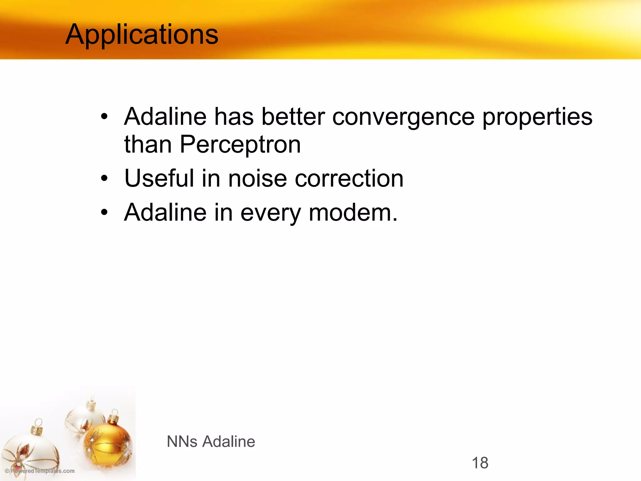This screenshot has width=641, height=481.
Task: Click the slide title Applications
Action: tap(141, 34)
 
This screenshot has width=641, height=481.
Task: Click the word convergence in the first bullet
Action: tap(403, 117)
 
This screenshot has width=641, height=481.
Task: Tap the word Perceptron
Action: tap(240, 144)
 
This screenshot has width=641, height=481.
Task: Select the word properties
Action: tap(537, 117)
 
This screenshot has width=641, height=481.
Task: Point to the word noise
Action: tap(257, 178)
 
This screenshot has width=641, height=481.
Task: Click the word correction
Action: tap(349, 178)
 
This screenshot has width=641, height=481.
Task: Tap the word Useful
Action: tap(159, 178)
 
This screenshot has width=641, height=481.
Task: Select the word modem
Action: tap(353, 213)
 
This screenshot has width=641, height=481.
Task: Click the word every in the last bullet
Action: tap(270, 213)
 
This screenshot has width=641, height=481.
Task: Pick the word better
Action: tap(293, 117)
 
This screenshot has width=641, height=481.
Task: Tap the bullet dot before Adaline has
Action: tap(104, 117)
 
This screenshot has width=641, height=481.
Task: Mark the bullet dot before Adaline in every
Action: tap(104, 213)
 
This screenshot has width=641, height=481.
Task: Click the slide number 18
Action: tap(479, 463)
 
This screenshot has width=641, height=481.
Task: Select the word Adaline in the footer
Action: tap(228, 442)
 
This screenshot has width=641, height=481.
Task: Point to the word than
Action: tap(148, 144)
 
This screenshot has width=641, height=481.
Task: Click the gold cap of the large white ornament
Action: tap(38, 427)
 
